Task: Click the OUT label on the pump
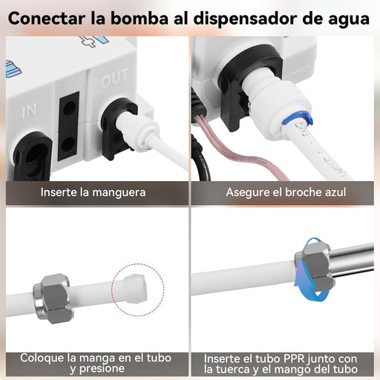pyautogui.click(x=115, y=78)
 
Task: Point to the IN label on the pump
pyautogui.click(x=29, y=111)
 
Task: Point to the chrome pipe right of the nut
pyautogui.click(x=352, y=259)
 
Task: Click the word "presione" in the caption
pyautogui.click(x=103, y=369)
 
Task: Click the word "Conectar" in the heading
pyautogui.click(x=47, y=19)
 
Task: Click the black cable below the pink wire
pyautogui.click(x=203, y=161)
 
